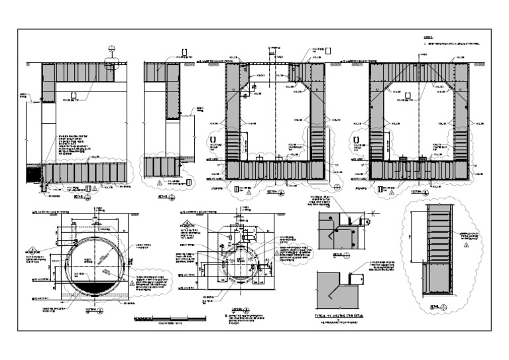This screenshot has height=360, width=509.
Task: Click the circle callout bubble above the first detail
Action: (111, 49)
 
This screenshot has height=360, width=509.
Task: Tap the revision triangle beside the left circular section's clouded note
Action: (132, 283)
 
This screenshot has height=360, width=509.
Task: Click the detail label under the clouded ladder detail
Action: (435, 306)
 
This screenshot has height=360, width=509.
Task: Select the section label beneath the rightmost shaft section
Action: (420, 192)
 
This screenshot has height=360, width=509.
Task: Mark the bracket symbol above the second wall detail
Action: (186, 50)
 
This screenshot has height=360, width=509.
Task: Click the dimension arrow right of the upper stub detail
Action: (373, 213)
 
